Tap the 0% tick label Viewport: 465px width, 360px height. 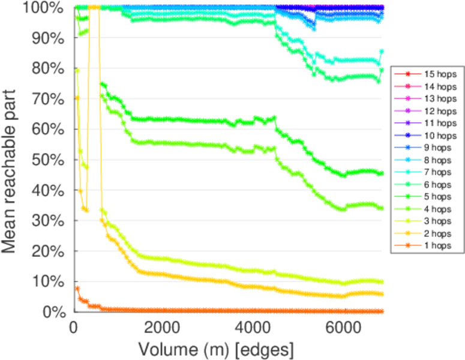[x=55, y=312]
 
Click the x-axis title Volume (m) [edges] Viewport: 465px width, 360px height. [x=216, y=349]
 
